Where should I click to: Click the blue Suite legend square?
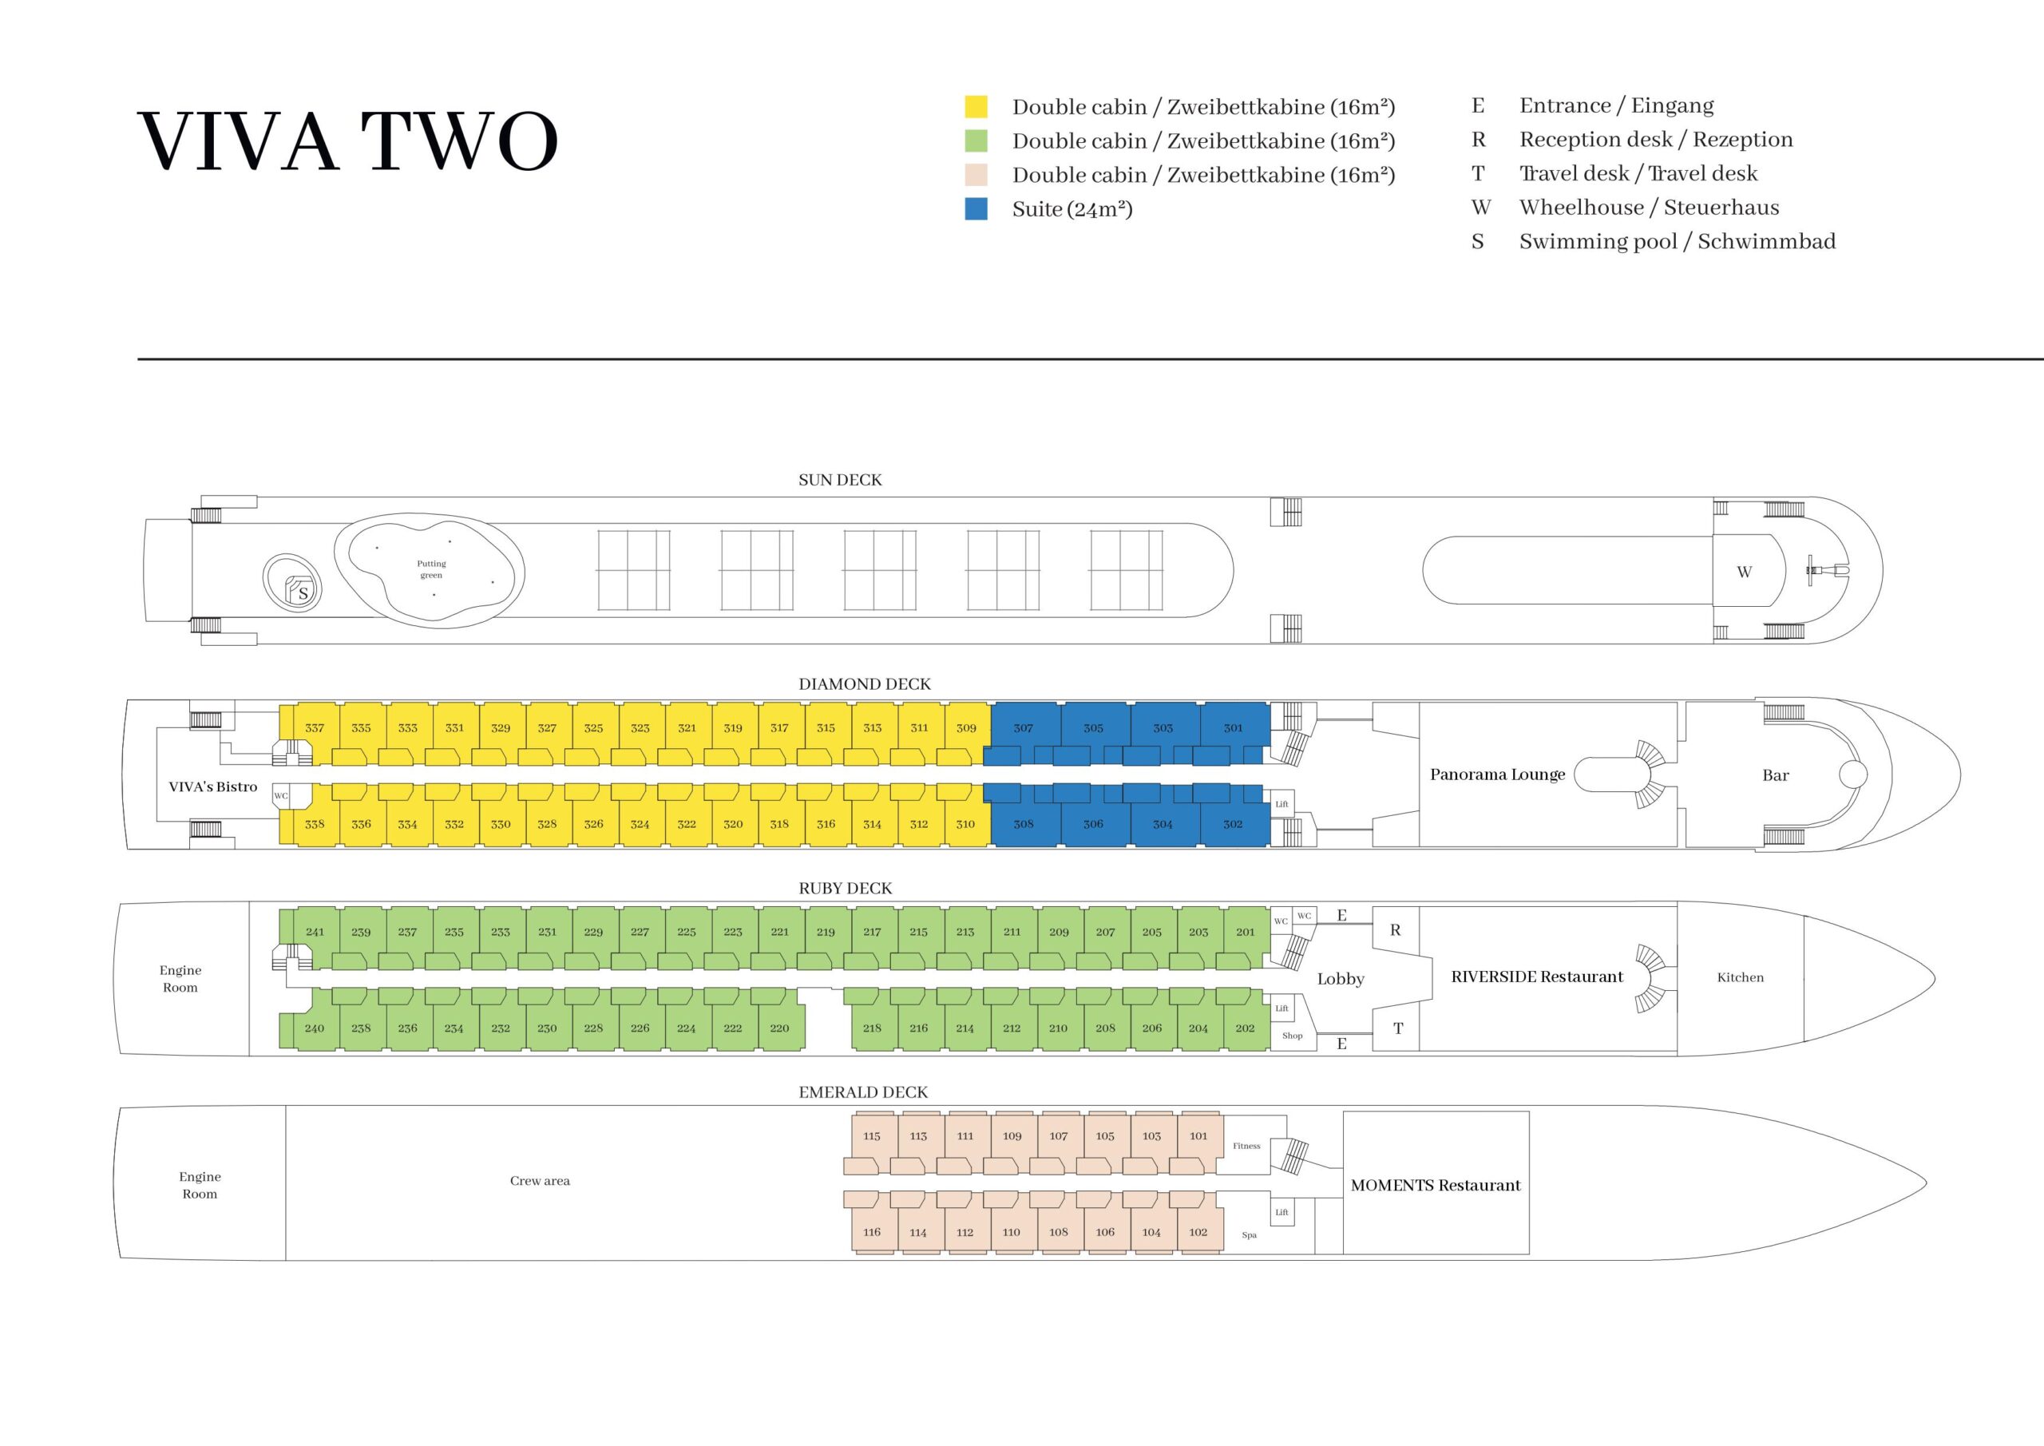(x=976, y=208)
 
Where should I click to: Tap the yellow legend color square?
(x=976, y=107)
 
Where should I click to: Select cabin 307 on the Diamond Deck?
(x=1023, y=727)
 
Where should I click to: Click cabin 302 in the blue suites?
(x=1232, y=824)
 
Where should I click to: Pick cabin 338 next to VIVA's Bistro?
(x=315, y=824)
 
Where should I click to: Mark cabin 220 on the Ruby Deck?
(x=779, y=1028)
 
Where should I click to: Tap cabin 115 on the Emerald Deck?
(x=872, y=1135)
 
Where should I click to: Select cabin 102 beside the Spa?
(x=1198, y=1231)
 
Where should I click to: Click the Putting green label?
(x=431, y=569)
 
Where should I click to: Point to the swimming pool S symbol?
(x=303, y=593)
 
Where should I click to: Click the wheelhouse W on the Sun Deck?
(x=1744, y=572)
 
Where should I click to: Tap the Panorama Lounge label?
(x=1496, y=774)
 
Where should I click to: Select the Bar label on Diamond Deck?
(x=1775, y=775)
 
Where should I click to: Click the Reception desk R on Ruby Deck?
(x=1395, y=929)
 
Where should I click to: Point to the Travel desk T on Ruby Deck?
(x=1398, y=1028)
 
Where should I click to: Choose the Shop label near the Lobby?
(x=1292, y=1036)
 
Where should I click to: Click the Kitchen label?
(x=1740, y=977)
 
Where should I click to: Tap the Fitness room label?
(x=1246, y=1146)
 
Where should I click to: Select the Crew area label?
(x=540, y=1181)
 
